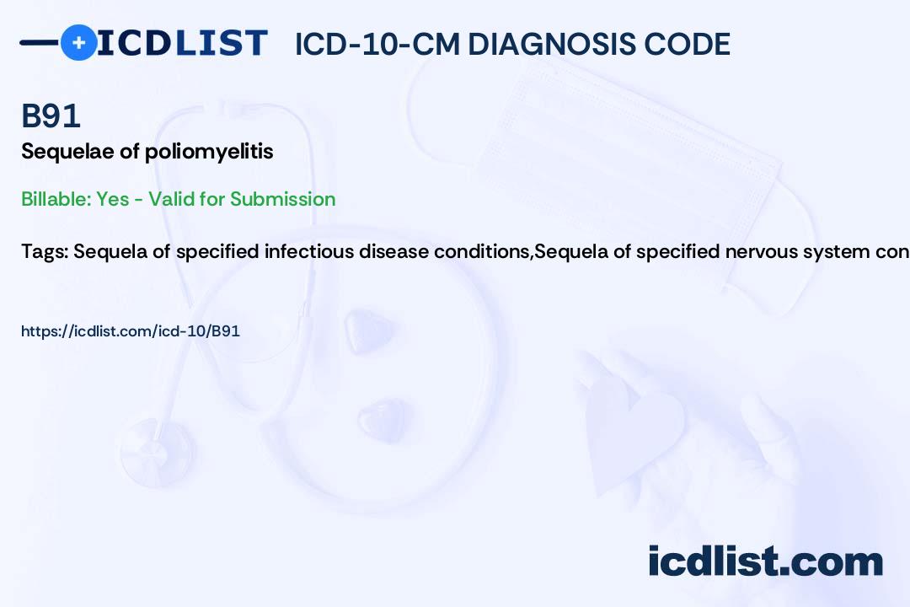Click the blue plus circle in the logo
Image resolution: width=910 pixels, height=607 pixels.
click(x=78, y=42)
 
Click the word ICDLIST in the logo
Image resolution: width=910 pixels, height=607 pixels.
click(x=182, y=43)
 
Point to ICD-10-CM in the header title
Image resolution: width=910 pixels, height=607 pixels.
click(x=377, y=45)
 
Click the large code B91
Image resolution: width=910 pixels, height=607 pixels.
click(x=51, y=115)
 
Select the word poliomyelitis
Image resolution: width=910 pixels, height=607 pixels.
click(x=209, y=152)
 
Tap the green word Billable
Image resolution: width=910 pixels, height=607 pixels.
click(x=57, y=199)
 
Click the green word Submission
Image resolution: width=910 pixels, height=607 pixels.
click(x=282, y=199)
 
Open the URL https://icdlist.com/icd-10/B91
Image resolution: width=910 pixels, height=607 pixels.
click(x=131, y=331)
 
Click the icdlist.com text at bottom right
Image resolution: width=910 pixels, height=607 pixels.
click(x=765, y=561)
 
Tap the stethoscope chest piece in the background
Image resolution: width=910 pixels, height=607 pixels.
click(x=157, y=451)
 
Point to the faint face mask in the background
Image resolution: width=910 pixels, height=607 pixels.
click(x=609, y=175)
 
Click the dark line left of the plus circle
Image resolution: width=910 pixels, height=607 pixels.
click(x=40, y=42)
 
